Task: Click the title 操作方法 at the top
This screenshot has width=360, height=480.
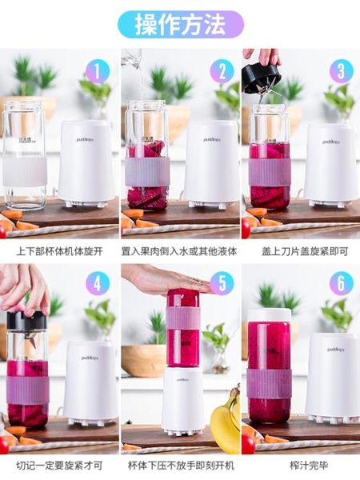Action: (181, 24)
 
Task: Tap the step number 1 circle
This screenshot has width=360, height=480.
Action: (97, 72)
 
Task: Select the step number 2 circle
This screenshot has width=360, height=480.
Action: (222, 72)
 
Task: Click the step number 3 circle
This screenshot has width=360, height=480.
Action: (341, 72)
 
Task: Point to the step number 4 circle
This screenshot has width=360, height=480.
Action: (97, 284)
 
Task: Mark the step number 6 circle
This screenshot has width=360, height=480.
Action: (341, 284)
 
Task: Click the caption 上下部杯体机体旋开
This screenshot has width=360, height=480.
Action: (61, 251)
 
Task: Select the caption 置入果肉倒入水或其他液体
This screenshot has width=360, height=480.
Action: (180, 251)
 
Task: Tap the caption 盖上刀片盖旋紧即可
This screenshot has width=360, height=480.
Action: (300, 251)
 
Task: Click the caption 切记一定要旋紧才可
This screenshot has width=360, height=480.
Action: (61, 464)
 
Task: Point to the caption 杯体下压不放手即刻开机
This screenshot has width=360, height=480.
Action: (180, 464)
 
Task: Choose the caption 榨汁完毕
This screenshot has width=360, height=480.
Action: (300, 464)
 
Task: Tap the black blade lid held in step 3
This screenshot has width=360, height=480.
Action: (261, 77)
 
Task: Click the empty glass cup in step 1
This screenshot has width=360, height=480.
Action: (24, 152)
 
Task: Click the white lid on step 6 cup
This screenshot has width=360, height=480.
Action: (269, 316)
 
